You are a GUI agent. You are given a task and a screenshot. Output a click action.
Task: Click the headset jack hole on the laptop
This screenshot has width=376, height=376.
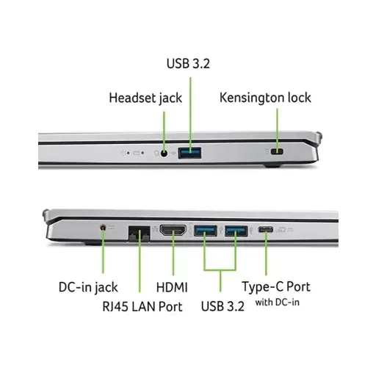point(164,153)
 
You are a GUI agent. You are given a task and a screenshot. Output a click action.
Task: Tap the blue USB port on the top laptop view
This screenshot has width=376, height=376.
point(189,153)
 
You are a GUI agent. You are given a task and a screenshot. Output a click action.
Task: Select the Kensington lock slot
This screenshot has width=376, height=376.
point(277,151)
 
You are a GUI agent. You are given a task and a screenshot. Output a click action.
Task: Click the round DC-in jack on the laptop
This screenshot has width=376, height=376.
point(103,228)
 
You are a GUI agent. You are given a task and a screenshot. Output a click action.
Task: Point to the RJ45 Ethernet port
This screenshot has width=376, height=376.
point(140,234)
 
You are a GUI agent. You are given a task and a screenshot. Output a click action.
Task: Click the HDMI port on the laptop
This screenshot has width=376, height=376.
point(173,231)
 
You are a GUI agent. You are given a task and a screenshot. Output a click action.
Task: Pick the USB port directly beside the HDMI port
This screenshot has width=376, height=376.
point(206,231)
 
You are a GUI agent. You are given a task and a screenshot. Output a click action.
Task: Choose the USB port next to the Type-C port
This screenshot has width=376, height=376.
point(236,231)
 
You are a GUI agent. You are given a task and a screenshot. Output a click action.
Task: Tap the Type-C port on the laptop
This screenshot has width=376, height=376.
point(266,230)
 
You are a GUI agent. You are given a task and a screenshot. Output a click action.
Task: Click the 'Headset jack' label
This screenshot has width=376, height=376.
point(145,98)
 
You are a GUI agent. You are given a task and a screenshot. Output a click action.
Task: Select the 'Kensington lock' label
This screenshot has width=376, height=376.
point(265,98)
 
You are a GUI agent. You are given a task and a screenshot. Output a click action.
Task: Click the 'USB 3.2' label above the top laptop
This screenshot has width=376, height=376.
point(188,63)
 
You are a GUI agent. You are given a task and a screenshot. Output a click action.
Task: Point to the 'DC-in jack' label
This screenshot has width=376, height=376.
point(88,287)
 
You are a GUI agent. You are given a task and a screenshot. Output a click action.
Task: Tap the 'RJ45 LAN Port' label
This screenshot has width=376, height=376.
point(142,306)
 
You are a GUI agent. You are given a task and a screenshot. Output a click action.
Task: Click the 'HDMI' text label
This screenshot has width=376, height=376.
point(172,287)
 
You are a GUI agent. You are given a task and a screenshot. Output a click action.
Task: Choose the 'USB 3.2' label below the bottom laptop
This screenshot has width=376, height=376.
point(223,306)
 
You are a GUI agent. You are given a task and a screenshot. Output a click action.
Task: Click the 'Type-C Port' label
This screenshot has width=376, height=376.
point(276,286)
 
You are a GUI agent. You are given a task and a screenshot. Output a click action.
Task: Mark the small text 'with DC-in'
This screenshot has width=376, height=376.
point(278,303)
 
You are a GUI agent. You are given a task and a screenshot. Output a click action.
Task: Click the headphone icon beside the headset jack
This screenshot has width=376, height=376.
point(156,153)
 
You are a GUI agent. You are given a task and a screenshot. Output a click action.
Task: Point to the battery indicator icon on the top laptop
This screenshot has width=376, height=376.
point(136,153)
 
